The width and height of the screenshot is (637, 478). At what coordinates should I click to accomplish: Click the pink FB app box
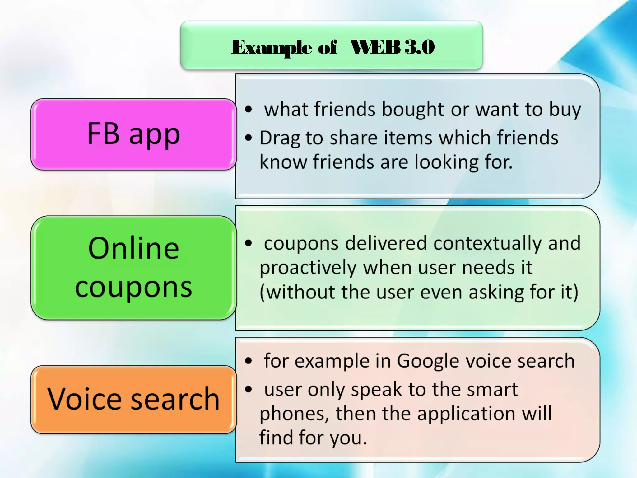click(x=134, y=134)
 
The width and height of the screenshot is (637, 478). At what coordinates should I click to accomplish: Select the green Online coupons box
click(x=134, y=268)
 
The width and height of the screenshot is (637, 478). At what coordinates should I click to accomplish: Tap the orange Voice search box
click(x=134, y=400)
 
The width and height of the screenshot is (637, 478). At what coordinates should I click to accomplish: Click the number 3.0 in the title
click(x=420, y=47)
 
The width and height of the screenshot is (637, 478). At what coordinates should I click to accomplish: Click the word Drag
click(x=280, y=138)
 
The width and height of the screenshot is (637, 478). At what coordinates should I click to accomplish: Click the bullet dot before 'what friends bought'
click(x=248, y=109)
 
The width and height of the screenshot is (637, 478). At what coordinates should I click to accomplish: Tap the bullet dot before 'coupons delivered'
click(x=248, y=243)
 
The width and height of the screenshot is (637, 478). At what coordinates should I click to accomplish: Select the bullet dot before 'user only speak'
click(x=248, y=389)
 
